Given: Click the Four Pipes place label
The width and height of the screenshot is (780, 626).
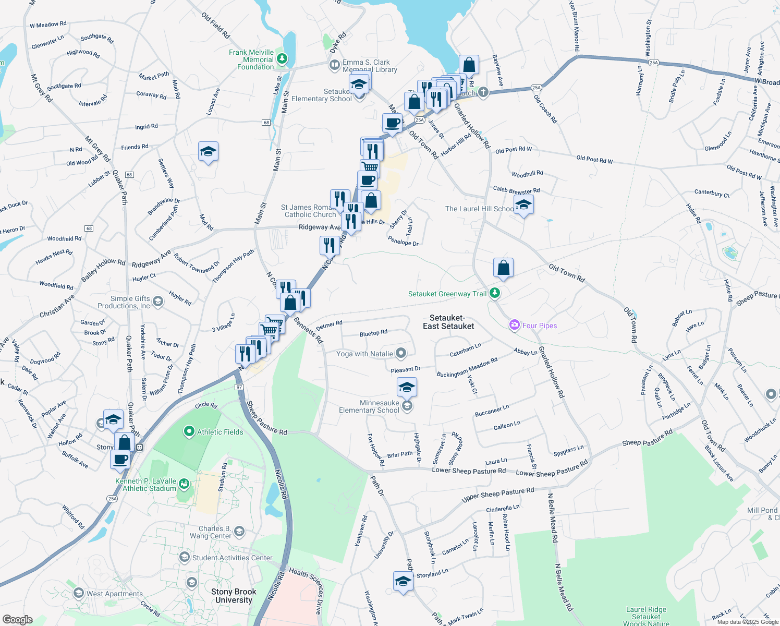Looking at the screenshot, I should pyautogui.click(x=539, y=326).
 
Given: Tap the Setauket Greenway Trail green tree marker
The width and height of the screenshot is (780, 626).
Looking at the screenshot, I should pyautogui.click(x=495, y=293).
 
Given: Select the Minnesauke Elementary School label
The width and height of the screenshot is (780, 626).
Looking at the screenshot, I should pyautogui.click(x=369, y=406).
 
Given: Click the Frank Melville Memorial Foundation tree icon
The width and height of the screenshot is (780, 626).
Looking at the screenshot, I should pyautogui.click(x=282, y=58).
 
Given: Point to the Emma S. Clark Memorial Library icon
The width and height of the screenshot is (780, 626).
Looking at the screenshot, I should pyautogui.click(x=334, y=65).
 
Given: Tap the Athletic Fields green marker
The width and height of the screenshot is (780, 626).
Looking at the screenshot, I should pyautogui.click(x=189, y=431).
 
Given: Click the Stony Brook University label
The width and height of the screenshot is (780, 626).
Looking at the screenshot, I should pyautogui.click(x=234, y=596).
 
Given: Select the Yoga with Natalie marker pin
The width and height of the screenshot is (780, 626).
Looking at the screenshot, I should pyautogui.click(x=400, y=353).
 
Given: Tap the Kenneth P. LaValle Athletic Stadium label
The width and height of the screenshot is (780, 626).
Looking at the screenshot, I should pyautogui.click(x=146, y=485).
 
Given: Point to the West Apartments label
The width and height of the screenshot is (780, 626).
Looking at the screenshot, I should pyautogui.click(x=115, y=594).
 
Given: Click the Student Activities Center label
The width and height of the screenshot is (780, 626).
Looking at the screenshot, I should pyautogui.click(x=232, y=558).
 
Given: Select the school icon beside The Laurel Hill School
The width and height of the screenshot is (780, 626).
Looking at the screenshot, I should pyautogui.click(x=523, y=205).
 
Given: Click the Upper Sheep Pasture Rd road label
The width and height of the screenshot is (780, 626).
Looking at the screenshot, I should pyautogui.click(x=498, y=495).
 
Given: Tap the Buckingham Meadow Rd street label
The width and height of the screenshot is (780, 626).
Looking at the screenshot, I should pyautogui.click(x=467, y=367).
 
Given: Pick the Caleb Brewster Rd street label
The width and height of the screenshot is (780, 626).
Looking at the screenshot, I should pyautogui.click(x=516, y=190).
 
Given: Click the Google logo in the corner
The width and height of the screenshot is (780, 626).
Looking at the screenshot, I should pyautogui.click(x=17, y=619).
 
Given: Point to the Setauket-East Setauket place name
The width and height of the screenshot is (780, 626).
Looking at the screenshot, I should pyautogui.click(x=448, y=322).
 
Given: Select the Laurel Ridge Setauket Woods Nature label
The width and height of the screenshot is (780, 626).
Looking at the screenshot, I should pyautogui.click(x=646, y=616).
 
